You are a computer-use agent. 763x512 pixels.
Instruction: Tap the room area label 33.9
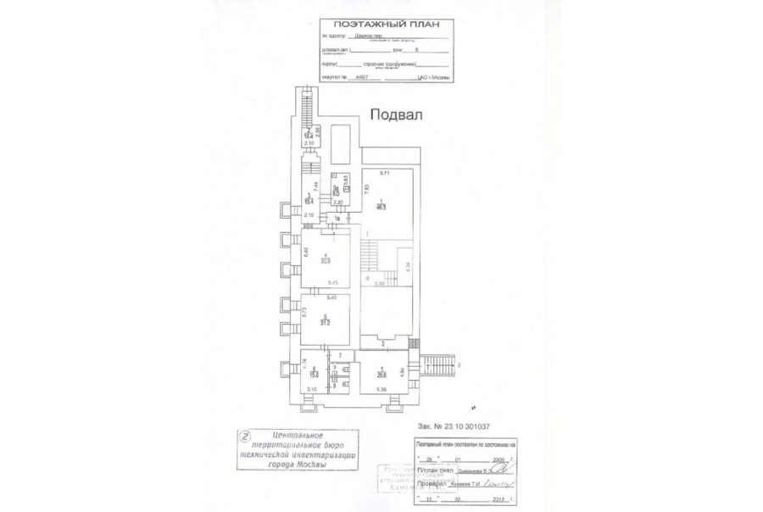click(326, 260)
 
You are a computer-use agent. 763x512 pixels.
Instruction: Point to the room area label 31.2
click(324, 322)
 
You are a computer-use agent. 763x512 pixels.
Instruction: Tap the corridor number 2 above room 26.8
click(383, 343)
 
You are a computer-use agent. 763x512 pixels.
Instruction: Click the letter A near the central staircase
click(368, 277)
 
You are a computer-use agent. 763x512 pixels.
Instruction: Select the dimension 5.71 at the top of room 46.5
click(383, 173)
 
